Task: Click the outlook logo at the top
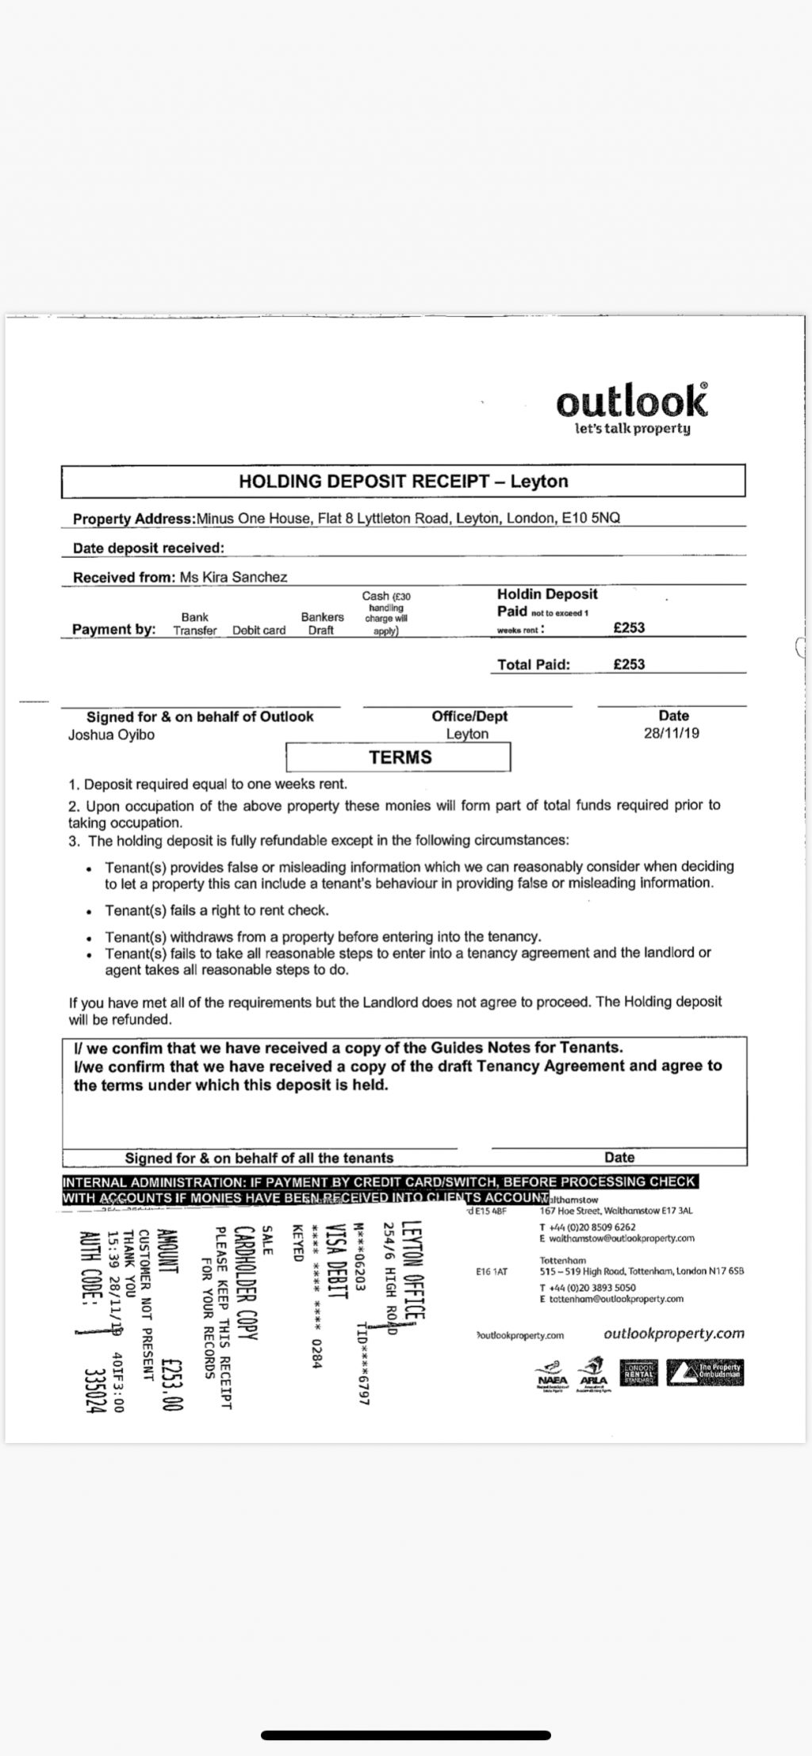coord(631,407)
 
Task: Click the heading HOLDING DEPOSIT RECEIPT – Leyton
coord(404,481)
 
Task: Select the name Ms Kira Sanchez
coord(233,578)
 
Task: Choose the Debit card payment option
coord(259,631)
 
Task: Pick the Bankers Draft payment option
coord(322,624)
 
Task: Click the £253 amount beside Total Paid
coord(629,665)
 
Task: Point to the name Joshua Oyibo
coord(111,735)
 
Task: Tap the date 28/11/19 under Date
coord(672,734)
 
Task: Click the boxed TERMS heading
coord(400,758)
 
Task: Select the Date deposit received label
coord(148,548)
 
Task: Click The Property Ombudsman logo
coord(706,1372)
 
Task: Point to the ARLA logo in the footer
coord(593,1373)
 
